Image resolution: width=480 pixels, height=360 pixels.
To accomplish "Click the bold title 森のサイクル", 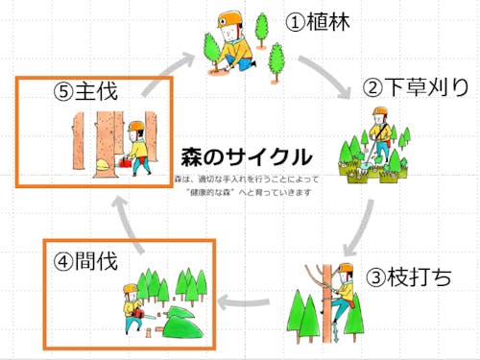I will point(245,156).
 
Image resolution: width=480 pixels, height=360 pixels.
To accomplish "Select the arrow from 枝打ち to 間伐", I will point(250,304).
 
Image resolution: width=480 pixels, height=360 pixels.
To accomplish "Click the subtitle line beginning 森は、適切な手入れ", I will point(248,179).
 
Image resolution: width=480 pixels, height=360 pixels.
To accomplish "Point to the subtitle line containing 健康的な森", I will point(248,192).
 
